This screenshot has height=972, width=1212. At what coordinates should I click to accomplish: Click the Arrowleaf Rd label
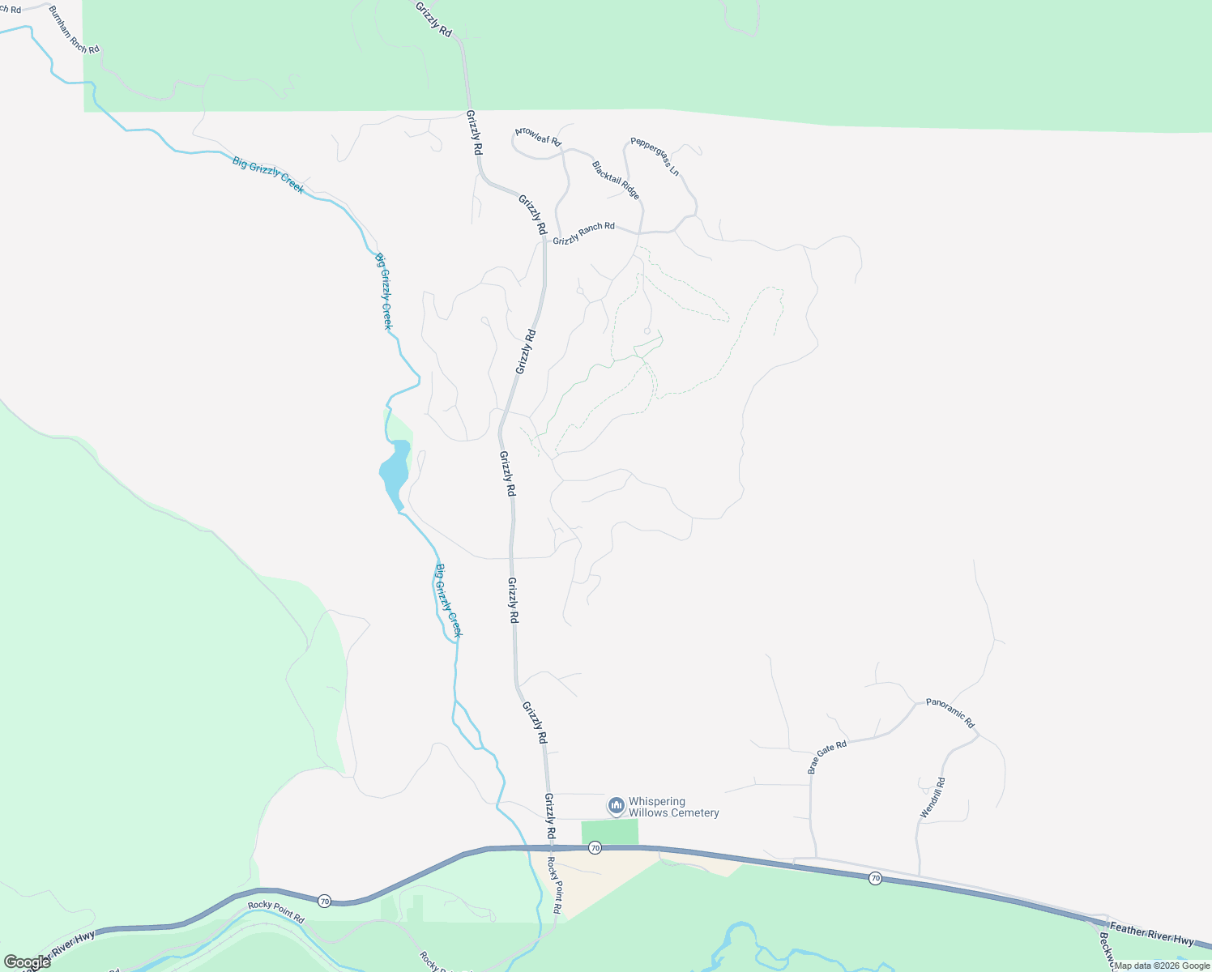(x=538, y=135)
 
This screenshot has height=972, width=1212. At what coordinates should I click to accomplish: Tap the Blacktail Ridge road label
(x=616, y=180)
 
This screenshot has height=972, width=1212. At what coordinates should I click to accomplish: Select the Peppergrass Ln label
(x=655, y=156)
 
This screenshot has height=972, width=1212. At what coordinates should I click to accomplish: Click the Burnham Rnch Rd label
(x=74, y=29)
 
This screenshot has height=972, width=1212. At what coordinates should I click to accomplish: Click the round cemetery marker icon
(x=616, y=805)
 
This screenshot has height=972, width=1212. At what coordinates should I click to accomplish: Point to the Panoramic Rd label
(x=950, y=713)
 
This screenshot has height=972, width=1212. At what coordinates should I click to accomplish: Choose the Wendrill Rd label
(x=932, y=797)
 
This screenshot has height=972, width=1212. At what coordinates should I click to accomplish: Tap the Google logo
(x=27, y=962)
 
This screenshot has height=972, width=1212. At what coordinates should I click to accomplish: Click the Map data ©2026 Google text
(x=1162, y=966)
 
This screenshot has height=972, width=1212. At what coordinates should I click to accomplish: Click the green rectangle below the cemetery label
(x=609, y=832)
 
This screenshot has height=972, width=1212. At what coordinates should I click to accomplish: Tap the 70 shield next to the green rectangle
(x=595, y=847)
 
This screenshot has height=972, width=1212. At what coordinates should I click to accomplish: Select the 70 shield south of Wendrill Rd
(x=875, y=878)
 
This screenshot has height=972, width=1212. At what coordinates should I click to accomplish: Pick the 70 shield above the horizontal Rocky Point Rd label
(x=324, y=901)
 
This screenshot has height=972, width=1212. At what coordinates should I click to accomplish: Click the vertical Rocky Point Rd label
(x=553, y=885)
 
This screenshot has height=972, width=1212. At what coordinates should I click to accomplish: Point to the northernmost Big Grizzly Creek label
(x=268, y=174)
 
